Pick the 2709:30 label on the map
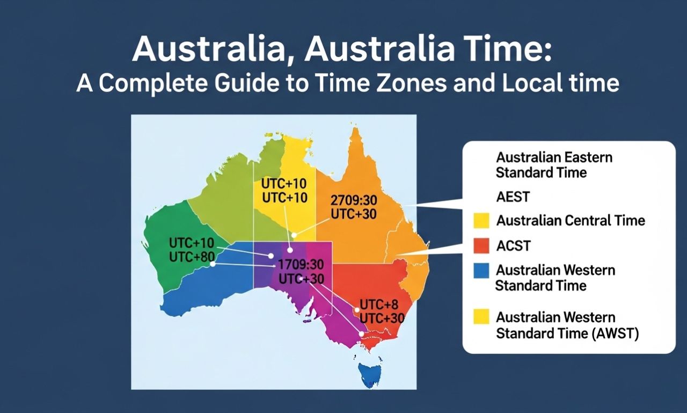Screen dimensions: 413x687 click(354, 200)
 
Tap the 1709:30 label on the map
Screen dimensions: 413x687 click(302, 265)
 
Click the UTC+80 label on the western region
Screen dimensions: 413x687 click(188, 257)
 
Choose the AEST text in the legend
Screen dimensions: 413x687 click(513, 197)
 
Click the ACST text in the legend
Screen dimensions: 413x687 click(513, 246)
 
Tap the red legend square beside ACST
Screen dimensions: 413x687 click(481, 245)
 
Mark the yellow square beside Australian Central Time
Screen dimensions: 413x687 click(481, 221)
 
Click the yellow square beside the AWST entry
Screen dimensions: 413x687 click(481, 317)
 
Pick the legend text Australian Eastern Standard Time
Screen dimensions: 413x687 click(554, 165)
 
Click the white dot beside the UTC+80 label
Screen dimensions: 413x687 click(213, 264)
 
